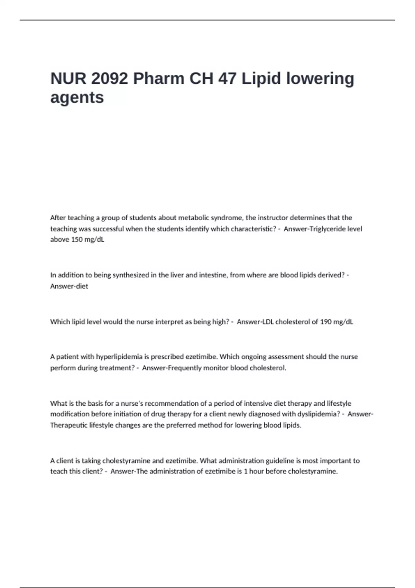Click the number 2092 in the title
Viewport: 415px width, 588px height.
coord(110,79)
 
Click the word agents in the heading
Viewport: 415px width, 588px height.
coord(77,98)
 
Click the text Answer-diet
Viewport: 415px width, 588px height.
coord(69,286)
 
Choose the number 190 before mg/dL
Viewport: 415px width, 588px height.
coord(326,322)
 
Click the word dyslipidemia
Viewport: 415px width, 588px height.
coord(316,414)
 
